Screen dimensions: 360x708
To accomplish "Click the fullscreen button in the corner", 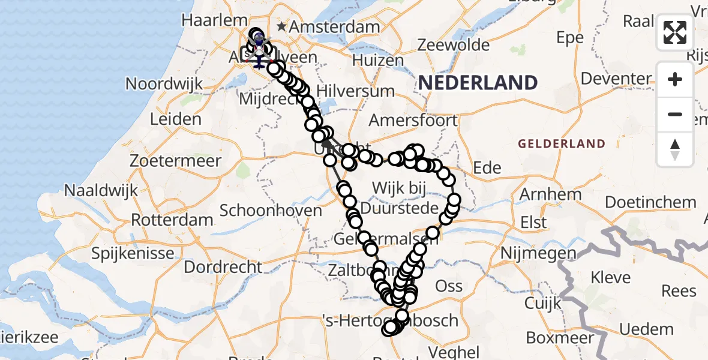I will coord(675,32).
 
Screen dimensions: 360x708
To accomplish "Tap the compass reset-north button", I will coord(675,149).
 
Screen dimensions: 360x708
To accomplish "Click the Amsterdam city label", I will coord(336,27).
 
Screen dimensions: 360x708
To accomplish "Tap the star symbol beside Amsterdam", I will coord(282,27).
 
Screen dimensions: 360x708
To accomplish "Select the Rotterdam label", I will coord(172,220).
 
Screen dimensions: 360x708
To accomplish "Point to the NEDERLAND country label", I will coord(478,83).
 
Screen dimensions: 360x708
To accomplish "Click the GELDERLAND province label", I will coord(562,144).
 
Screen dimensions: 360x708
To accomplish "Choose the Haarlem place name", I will coord(206,20).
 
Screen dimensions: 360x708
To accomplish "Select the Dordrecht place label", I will coord(223,266).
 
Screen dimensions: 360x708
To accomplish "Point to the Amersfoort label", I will coord(413,119).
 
